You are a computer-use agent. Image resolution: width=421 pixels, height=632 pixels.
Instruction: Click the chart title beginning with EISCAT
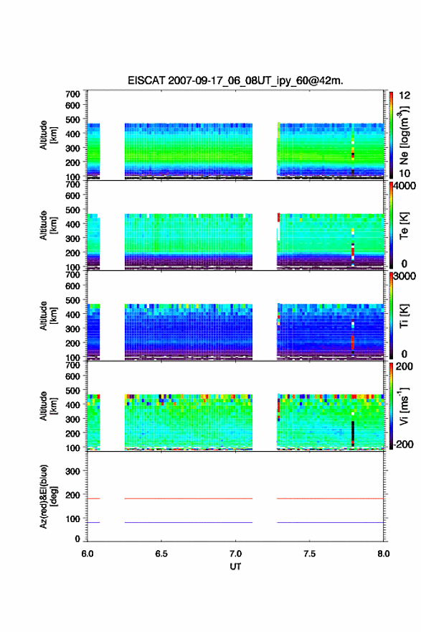[235, 80]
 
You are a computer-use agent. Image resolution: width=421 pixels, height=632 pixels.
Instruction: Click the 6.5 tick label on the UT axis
[161, 554]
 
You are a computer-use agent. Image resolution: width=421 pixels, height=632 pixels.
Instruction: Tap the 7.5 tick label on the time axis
[310, 554]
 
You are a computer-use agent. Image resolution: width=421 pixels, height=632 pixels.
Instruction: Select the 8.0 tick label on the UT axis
[384, 554]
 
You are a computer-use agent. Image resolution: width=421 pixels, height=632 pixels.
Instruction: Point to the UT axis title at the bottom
[235, 567]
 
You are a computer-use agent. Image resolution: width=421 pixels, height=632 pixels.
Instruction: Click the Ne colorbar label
[404, 136]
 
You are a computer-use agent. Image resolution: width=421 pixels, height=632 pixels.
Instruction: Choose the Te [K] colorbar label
[404, 226]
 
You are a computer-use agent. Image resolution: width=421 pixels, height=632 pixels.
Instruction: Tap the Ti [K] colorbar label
[404, 316]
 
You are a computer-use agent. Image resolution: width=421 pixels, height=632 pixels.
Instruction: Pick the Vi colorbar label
[404, 406]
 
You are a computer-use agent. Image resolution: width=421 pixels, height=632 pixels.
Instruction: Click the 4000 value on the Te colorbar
[405, 186]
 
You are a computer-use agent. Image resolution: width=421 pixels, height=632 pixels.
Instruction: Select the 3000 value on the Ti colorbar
[405, 276]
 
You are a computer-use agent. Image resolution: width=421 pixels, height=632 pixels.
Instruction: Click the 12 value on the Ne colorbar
[405, 96]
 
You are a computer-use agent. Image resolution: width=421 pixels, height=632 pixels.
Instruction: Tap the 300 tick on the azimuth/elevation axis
[72, 471]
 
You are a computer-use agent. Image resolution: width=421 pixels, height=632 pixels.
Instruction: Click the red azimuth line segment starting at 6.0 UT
[93, 498]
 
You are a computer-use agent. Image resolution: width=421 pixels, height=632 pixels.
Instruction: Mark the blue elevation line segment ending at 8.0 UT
[331, 522]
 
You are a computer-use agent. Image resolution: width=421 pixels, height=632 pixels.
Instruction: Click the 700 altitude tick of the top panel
[72, 94]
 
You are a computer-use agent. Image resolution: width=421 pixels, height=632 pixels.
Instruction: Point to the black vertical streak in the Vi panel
[353, 432]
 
